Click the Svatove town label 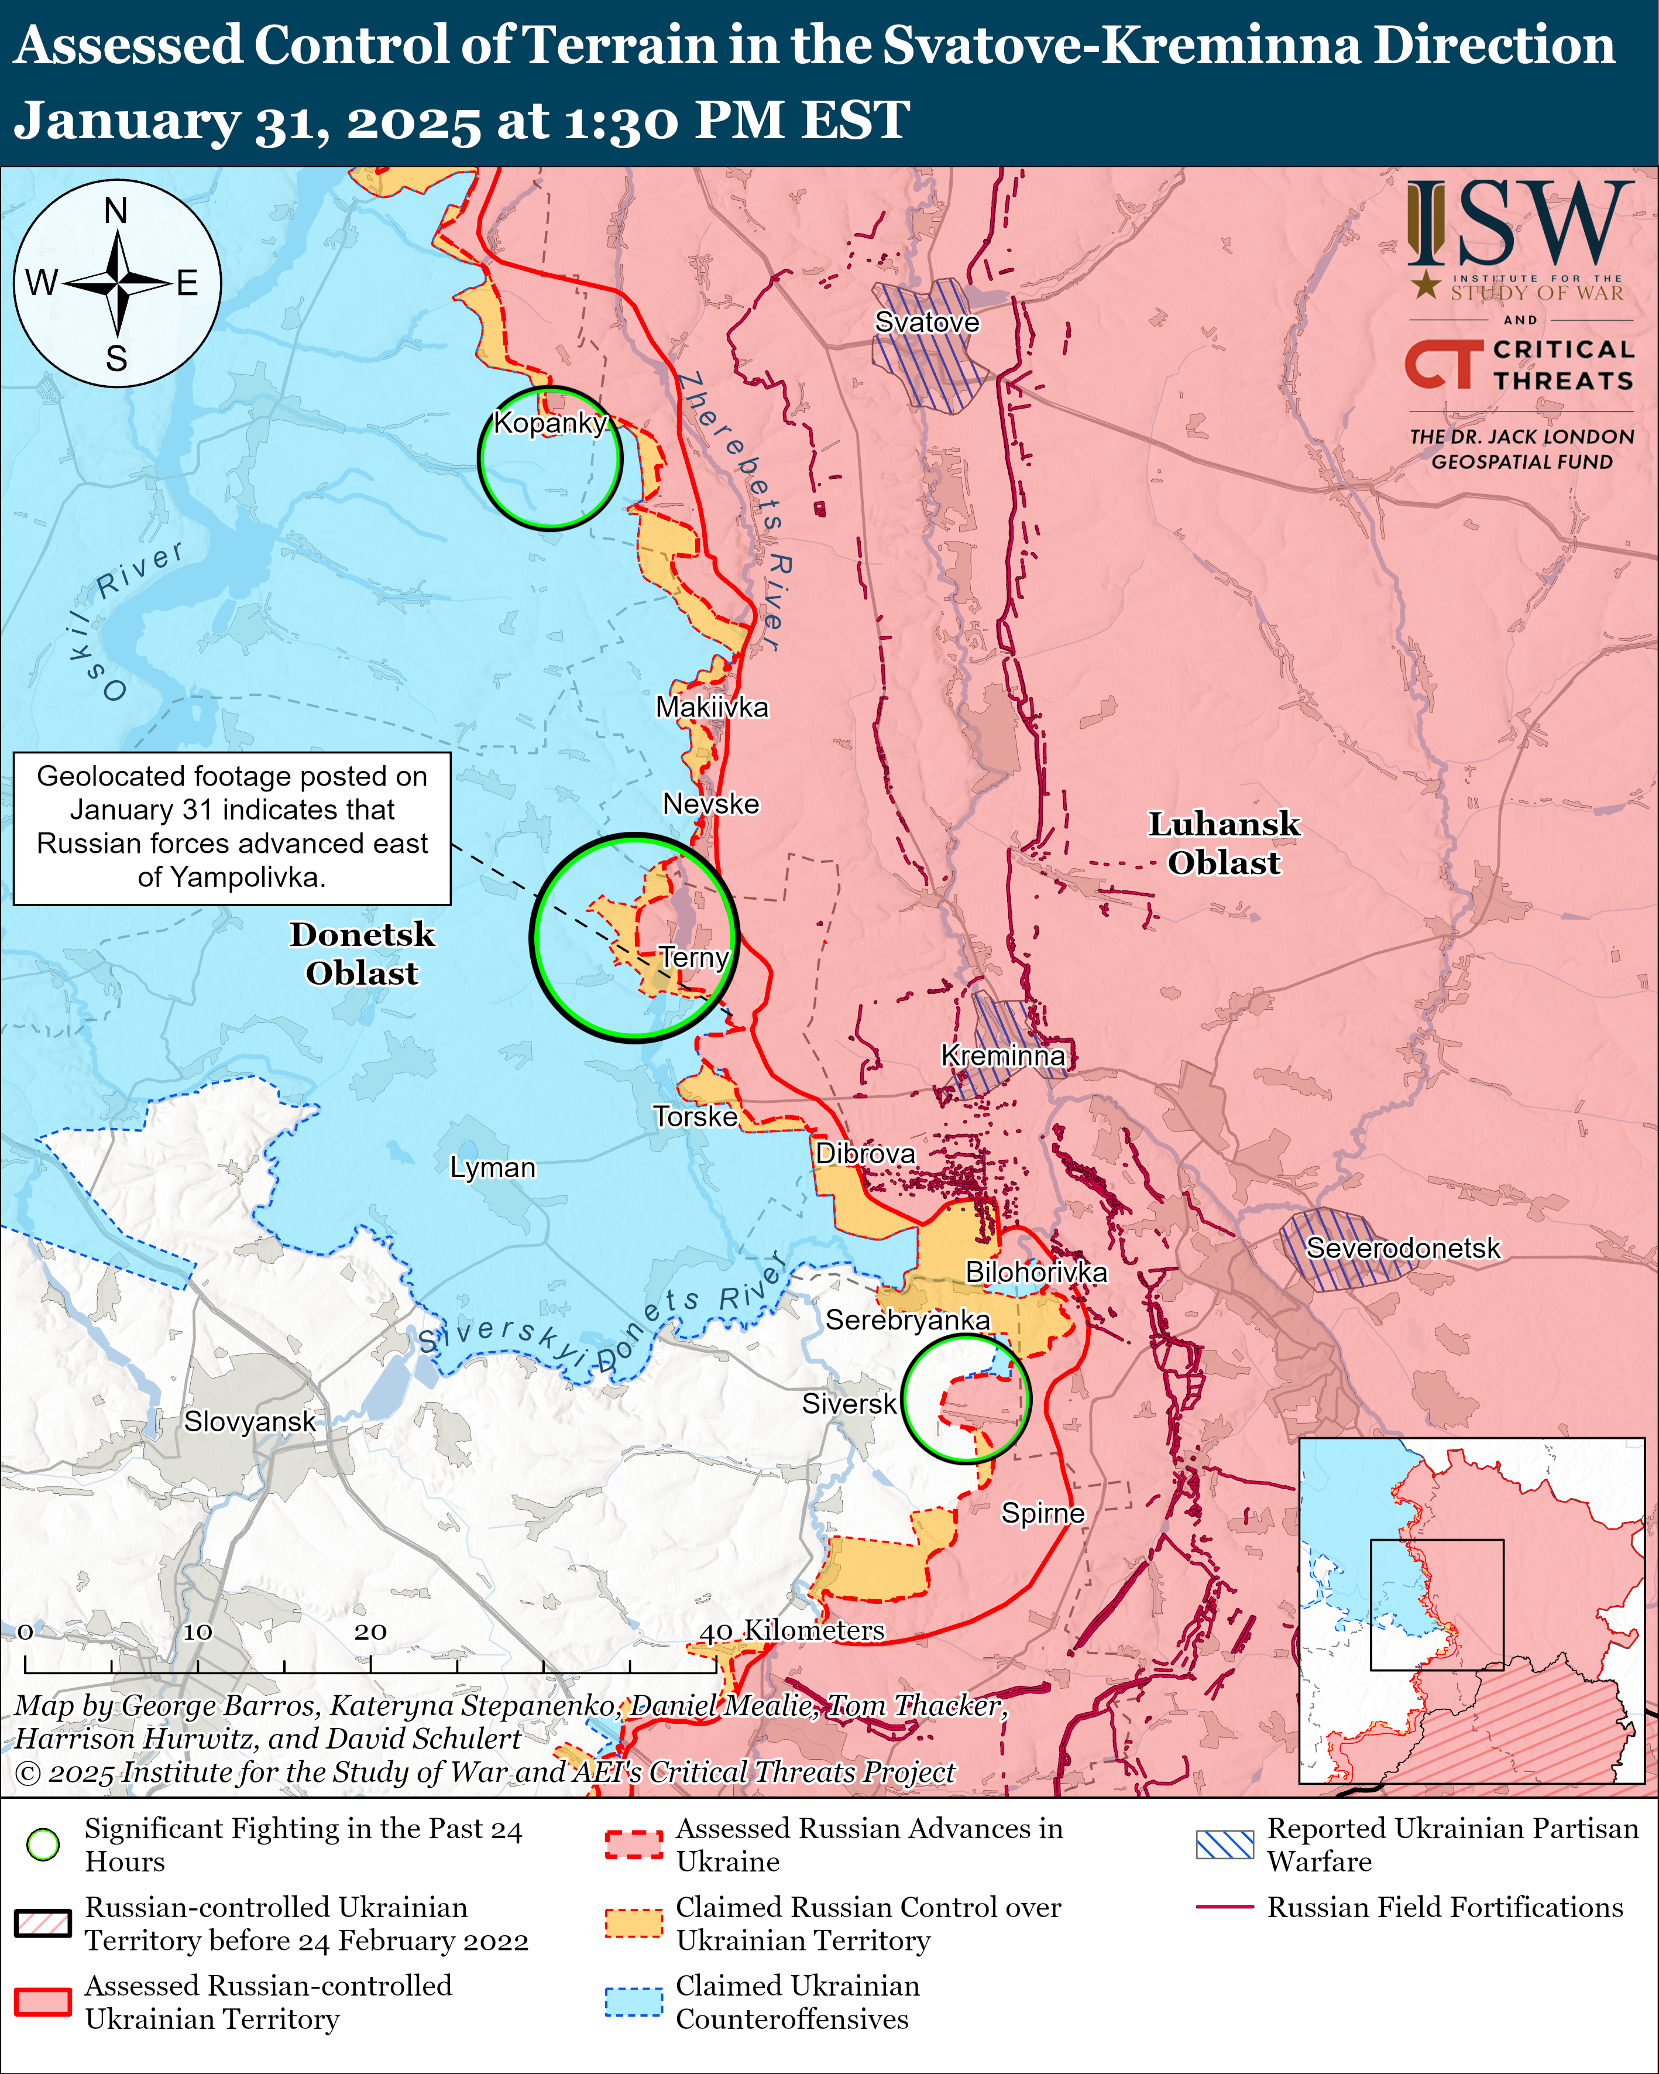click(x=926, y=323)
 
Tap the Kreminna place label click(x=1002, y=1055)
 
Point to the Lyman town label click(x=492, y=1168)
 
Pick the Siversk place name click(x=849, y=1404)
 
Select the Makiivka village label click(x=712, y=707)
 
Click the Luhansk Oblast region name click(x=1224, y=843)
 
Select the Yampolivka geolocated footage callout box click(x=232, y=828)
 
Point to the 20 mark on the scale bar click(x=370, y=1633)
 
